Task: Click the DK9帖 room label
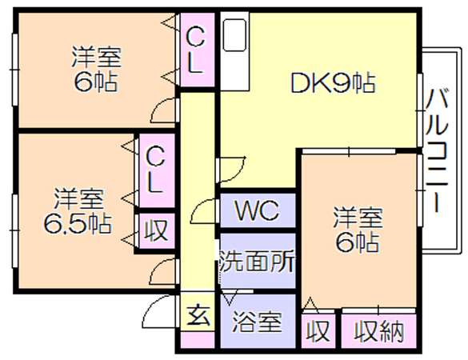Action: [333, 83]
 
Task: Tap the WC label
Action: [258, 210]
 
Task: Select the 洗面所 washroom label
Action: [258, 261]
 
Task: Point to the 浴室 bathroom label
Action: [258, 322]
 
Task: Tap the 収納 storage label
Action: [378, 330]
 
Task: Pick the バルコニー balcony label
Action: [437, 150]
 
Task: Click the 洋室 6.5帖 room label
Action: [78, 210]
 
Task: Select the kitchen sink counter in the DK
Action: [235, 51]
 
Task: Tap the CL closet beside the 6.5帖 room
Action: [157, 170]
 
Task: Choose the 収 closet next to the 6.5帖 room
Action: [157, 230]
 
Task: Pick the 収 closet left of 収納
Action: [318, 330]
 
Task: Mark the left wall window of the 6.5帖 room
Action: [14, 230]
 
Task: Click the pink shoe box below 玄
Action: [198, 339]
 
